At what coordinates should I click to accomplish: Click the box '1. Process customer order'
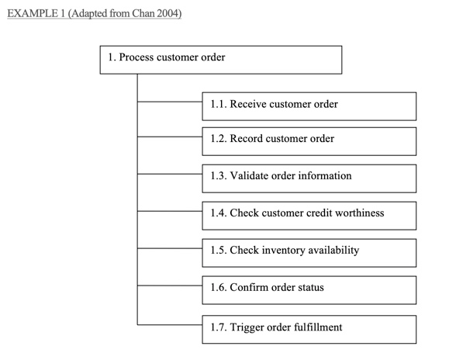click(220, 60)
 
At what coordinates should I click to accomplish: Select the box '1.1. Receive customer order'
click(309, 105)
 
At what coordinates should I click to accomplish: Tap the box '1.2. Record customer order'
click(309, 141)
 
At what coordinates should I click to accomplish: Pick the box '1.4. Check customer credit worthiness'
click(309, 215)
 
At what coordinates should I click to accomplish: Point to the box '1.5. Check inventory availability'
click(309, 252)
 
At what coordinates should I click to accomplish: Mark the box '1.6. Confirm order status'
click(309, 289)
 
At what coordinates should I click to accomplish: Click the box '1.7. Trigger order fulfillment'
click(309, 328)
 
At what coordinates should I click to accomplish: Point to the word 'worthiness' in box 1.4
click(357, 213)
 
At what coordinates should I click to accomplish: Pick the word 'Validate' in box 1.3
click(251, 176)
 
